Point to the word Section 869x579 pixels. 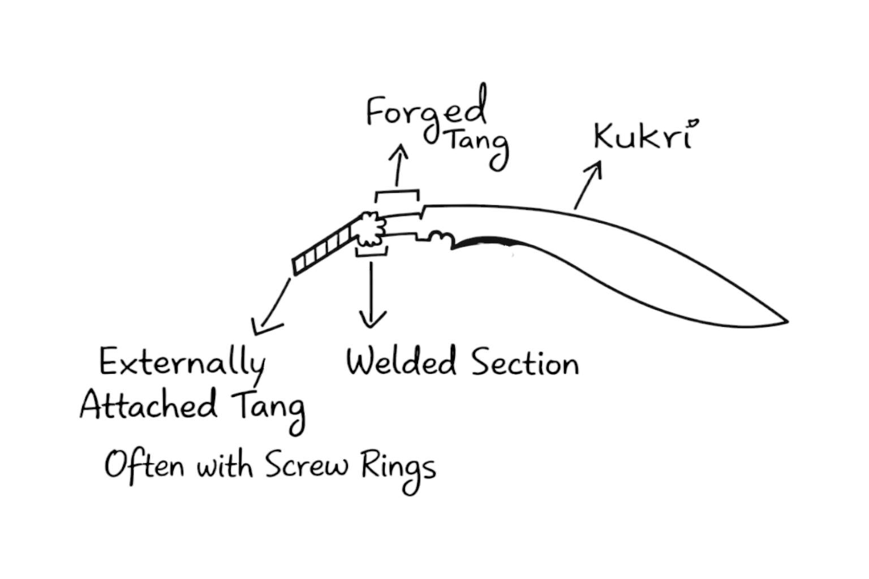(x=525, y=362)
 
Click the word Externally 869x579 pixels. (x=182, y=362)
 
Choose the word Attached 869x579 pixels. (x=148, y=405)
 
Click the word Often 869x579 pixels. (x=144, y=466)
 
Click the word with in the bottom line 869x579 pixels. (x=224, y=466)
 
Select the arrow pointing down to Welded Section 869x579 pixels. (x=371, y=294)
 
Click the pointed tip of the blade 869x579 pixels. (x=786, y=321)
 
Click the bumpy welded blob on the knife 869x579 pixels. (x=370, y=229)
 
